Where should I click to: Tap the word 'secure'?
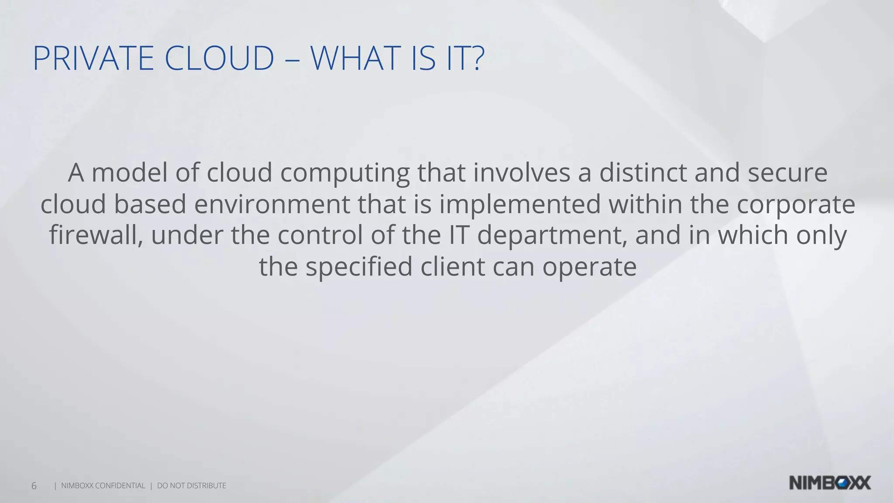pyautogui.click(x=787, y=172)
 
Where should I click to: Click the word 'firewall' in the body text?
pyautogui.click(x=96, y=235)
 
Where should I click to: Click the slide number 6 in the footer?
pyautogui.click(x=34, y=486)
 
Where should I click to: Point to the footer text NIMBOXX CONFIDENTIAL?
pyautogui.click(x=103, y=486)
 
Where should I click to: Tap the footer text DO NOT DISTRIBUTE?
pyautogui.click(x=192, y=486)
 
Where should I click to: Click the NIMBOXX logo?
pyautogui.click(x=830, y=483)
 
